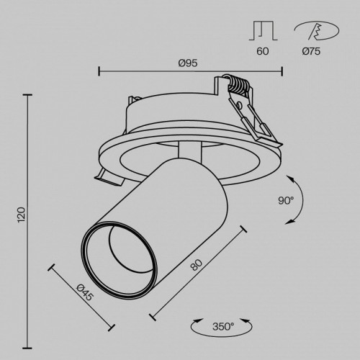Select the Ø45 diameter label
(84, 295)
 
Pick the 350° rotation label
(223, 328)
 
